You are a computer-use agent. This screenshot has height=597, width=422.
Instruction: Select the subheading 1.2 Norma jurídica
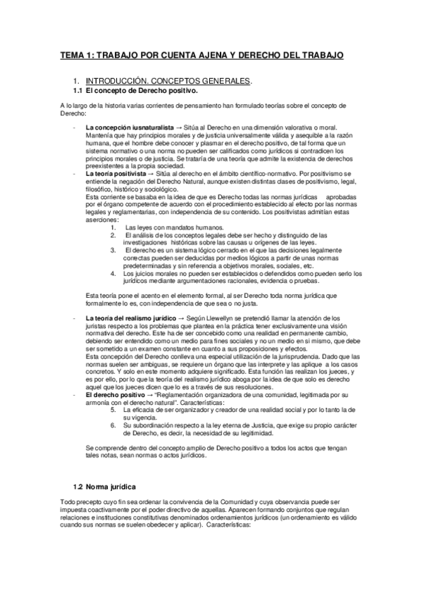click(x=105, y=487)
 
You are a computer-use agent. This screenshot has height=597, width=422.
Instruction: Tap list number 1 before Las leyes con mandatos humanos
click(x=113, y=228)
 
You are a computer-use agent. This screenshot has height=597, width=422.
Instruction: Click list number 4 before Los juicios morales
click(x=113, y=273)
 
